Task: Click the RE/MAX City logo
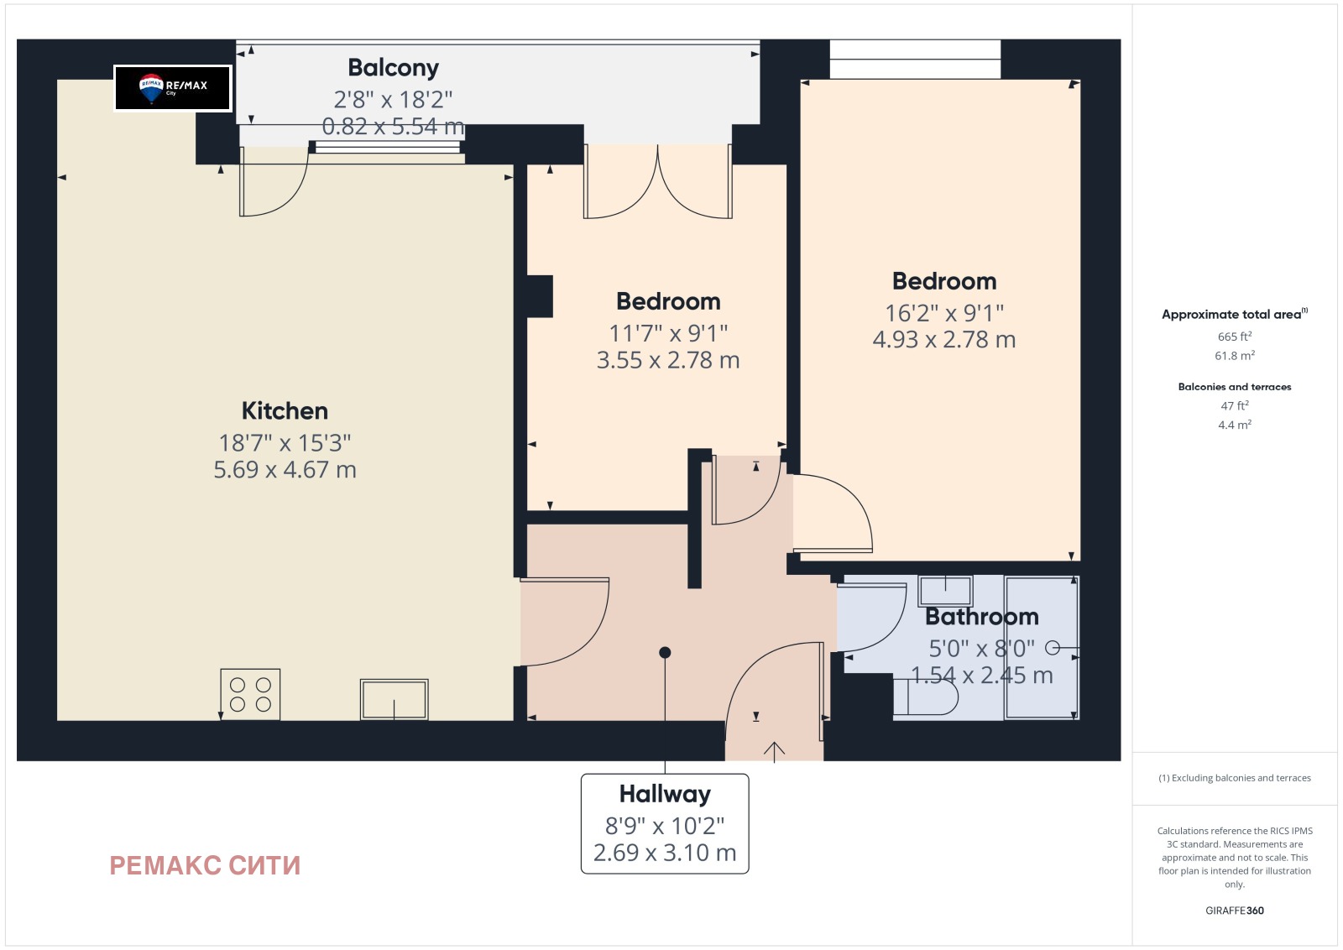coord(173,88)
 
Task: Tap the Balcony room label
coord(394,68)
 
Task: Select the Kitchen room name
coord(285,410)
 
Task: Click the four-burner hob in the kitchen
coord(250,694)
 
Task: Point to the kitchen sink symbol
coord(394,699)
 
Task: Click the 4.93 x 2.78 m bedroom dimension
coord(944,340)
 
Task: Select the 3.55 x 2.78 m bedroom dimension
coord(668,360)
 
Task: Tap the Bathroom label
coord(982,617)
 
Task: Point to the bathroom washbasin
coord(945,591)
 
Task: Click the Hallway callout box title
coord(665,794)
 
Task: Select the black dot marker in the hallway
coord(665,653)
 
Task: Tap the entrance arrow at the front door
coord(774,752)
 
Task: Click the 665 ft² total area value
coord(1235,337)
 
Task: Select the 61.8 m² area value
coord(1235,356)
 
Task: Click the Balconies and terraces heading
coord(1235,387)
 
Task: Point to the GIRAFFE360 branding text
coord(1235,911)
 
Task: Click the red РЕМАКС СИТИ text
coord(205,865)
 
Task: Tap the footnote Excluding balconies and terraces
coord(1235,778)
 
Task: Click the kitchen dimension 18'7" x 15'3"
coord(285,443)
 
